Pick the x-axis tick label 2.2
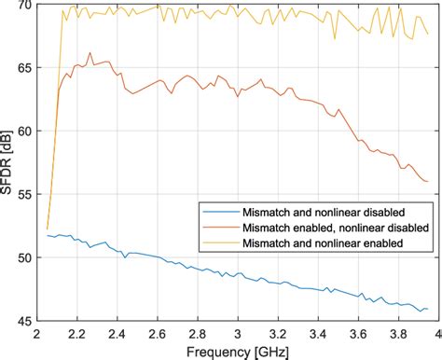[x=77, y=335]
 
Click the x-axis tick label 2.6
[x=158, y=335]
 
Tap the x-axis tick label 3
[x=238, y=335]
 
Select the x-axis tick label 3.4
[x=318, y=335]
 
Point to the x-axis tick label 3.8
[x=399, y=335]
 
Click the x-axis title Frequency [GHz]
[x=238, y=353]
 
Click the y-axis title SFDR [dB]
[x=6, y=162]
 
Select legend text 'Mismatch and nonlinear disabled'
[x=324, y=213]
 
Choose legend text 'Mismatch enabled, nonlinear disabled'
[x=336, y=228]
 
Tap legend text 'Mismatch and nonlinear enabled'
[x=323, y=242]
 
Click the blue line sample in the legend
[x=221, y=213]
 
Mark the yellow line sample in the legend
[x=221, y=242]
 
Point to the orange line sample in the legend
[x=221, y=228]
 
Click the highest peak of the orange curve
[x=90, y=53]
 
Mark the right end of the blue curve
[x=428, y=309]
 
